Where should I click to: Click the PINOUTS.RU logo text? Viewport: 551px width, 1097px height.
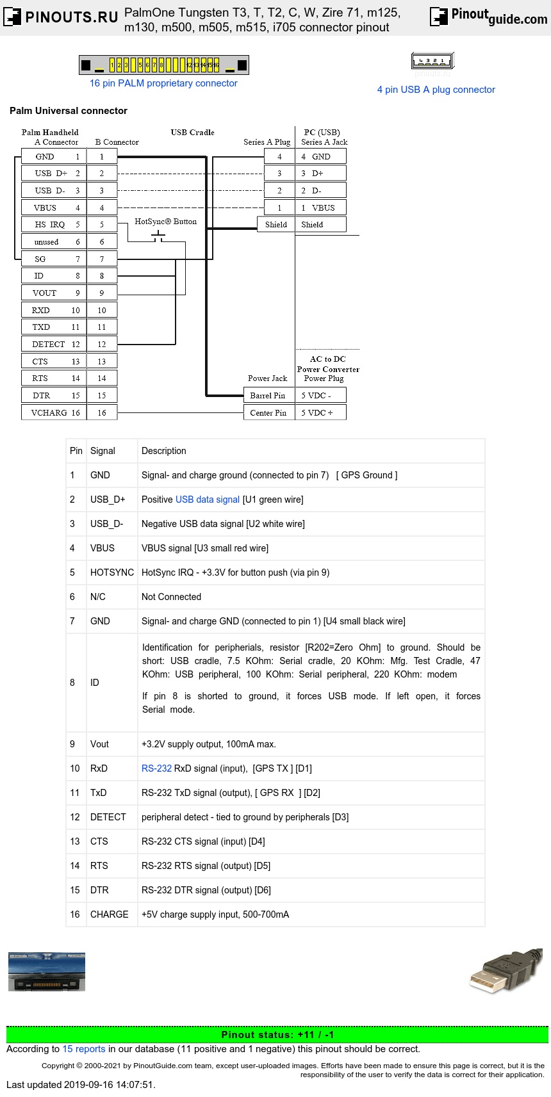tap(71, 17)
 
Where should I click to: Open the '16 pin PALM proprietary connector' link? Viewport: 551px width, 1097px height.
tap(163, 83)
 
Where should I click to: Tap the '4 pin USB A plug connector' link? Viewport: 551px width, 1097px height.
tap(436, 90)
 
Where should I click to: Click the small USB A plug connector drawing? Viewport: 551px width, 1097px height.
tap(432, 61)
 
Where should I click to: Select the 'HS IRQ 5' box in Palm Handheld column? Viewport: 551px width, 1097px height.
tap(53, 225)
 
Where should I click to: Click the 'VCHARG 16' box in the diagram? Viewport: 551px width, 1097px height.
tap(53, 413)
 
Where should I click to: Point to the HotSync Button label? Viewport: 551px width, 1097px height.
tap(165, 222)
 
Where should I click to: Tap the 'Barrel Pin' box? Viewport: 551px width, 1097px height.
tap(268, 396)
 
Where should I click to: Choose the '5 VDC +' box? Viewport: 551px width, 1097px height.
tap(320, 413)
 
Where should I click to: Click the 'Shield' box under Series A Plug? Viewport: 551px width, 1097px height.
tap(276, 225)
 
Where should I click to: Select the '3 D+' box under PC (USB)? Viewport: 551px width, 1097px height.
tap(320, 174)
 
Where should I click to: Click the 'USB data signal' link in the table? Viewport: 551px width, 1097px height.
tap(208, 500)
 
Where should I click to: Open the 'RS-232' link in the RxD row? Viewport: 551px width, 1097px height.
tap(156, 768)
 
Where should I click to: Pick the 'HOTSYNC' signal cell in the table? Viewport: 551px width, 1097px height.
tap(112, 573)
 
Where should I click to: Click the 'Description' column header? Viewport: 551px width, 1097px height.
tap(164, 451)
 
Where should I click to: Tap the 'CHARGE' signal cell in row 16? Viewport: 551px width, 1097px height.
tap(110, 914)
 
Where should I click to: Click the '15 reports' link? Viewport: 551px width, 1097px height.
tap(84, 1049)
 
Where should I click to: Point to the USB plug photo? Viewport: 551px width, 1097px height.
tap(506, 971)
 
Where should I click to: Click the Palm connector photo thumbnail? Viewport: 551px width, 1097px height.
tap(47, 971)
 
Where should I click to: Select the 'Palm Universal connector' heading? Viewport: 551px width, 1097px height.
tap(69, 111)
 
